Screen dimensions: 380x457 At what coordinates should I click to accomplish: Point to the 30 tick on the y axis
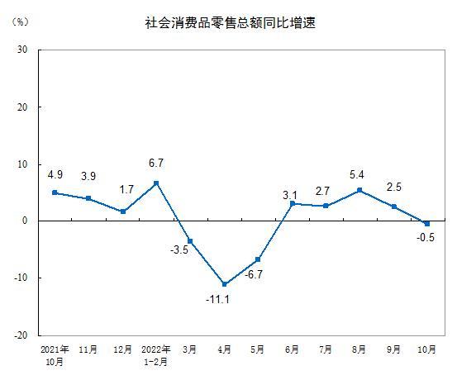click(23, 50)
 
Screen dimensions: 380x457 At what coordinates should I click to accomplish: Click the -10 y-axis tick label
click(21, 278)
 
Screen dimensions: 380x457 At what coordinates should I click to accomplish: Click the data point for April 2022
click(224, 284)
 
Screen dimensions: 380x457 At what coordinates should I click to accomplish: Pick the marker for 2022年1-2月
click(156, 183)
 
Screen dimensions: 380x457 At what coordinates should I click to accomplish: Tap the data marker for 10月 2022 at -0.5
click(427, 223)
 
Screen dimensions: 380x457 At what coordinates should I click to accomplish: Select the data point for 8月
click(359, 190)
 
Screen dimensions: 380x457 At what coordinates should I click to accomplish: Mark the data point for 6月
click(292, 203)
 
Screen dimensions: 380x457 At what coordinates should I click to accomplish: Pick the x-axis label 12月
click(122, 350)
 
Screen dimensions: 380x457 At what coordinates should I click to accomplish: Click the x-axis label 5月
click(258, 350)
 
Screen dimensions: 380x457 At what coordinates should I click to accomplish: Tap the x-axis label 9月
click(393, 350)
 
